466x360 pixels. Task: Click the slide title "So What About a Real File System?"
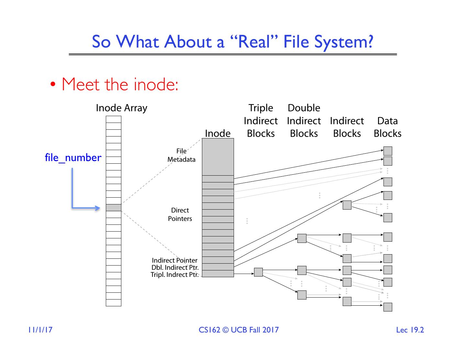232,42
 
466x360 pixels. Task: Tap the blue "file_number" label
73,158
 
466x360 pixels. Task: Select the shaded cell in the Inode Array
113,208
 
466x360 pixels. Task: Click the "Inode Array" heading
121,108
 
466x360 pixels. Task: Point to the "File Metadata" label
181,155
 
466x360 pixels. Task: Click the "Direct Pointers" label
180,214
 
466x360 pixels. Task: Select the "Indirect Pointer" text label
174,260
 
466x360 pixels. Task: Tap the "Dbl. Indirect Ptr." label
175,267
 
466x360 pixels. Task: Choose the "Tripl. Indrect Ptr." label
174,275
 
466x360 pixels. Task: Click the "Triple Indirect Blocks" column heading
261,121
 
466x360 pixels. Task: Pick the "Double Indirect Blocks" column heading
304,121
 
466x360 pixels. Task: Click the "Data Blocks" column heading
387,127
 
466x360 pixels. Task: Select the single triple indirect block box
258,272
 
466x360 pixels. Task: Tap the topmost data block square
388,151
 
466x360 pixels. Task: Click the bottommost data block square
388,307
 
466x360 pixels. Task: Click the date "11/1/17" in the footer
40,330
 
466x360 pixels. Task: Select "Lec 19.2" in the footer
410,330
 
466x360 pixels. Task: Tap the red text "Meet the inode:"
120,84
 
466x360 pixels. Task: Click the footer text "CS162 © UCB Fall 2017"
239,330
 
